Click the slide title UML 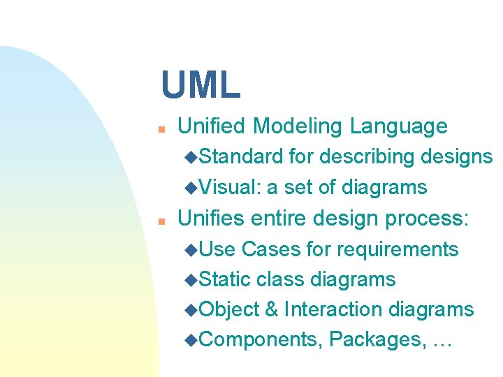tap(201, 84)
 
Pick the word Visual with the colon tap(230, 187)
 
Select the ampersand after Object tap(272, 309)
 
